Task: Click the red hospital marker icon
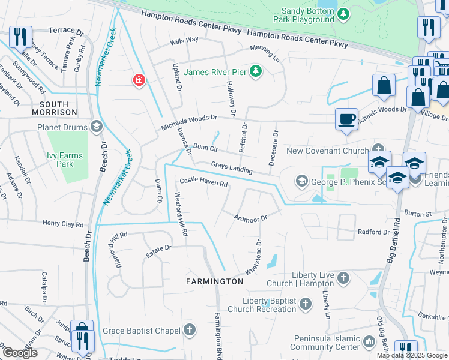coord(139,80)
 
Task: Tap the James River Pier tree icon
coord(256,72)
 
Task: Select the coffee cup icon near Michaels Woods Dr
coord(346,118)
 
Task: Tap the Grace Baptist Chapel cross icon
coord(190,330)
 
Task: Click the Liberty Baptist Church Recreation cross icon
coord(306,304)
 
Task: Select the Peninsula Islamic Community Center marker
coord(369,342)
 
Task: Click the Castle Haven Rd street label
coord(204,182)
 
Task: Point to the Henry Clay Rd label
coord(63,224)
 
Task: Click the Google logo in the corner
coord(20,352)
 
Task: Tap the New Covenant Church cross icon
coord(378,149)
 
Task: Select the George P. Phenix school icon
coord(301,181)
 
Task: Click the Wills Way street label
coord(184,40)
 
